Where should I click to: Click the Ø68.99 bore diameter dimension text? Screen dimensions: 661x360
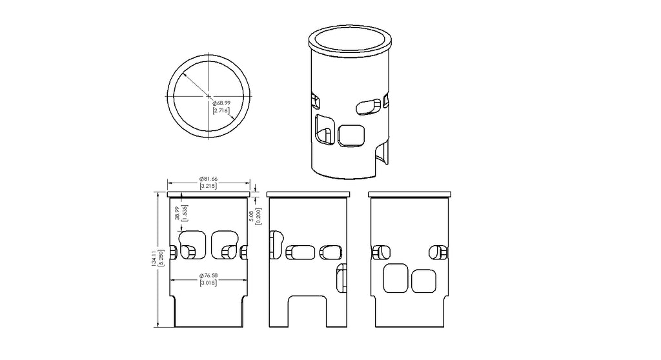[221, 103]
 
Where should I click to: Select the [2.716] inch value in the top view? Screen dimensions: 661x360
[221, 111]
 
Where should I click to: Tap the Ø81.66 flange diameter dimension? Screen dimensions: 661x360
[208, 179]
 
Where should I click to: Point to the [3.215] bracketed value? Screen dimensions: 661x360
[208, 186]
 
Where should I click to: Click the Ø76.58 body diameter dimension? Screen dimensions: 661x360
[208, 275]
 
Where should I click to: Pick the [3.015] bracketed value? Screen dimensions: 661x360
[208, 283]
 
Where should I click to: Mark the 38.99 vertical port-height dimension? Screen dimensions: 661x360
[178, 213]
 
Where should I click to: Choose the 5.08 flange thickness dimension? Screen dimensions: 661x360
[252, 216]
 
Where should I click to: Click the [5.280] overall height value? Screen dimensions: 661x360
[161, 258]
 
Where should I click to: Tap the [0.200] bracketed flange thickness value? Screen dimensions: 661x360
[259, 216]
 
